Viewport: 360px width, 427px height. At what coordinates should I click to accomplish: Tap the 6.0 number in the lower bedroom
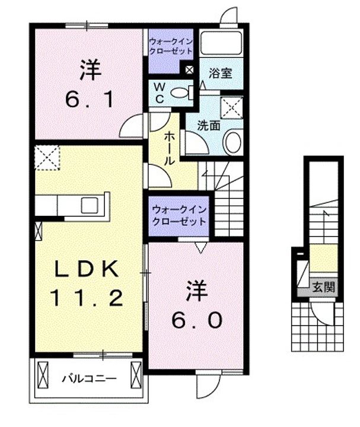[x=197, y=321]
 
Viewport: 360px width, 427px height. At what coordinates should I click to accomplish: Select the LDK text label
[x=88, y=270]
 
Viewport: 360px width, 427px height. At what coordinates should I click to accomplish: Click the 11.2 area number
[x=88, y=297]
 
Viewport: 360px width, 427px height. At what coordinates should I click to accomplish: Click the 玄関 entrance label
[x=324, y=289]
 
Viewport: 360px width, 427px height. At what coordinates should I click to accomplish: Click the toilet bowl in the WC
[x=180, y=93]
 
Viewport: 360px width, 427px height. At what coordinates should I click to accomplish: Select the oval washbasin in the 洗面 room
[x=233, y=142]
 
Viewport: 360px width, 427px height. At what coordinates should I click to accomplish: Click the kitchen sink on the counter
[x=91, y=205]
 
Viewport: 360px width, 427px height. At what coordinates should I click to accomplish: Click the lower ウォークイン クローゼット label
[x=179, y=215]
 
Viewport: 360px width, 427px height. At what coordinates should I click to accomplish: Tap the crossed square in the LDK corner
[x=47, y=157]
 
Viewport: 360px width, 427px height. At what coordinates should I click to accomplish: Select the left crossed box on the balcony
[x=42, y=375]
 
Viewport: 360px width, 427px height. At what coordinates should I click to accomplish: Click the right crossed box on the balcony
[x=135, y=375]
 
